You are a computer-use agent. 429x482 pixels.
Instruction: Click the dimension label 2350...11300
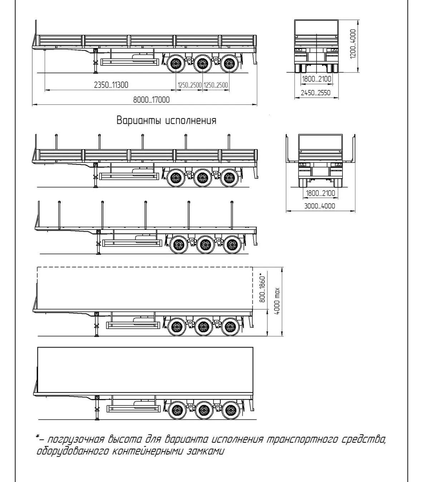click(111, 85)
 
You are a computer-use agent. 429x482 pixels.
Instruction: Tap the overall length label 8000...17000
click(151, 100)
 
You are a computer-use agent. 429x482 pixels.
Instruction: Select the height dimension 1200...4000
click(353, 44)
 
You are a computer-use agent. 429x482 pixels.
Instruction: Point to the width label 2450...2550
click(316, 93)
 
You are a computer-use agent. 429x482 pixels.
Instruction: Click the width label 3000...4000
click(320, 206)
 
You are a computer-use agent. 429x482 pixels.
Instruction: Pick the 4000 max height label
click(277, 301)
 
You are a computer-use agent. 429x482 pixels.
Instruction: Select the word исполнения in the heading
click(191, 121)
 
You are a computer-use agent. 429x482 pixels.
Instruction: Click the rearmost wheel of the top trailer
click(229, 64)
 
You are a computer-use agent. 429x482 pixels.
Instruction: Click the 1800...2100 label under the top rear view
click(316, 79)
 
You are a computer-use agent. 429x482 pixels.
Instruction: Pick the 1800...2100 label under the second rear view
click(320, 193)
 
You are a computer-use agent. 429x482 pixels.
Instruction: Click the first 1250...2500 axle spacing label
click(189, 85)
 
